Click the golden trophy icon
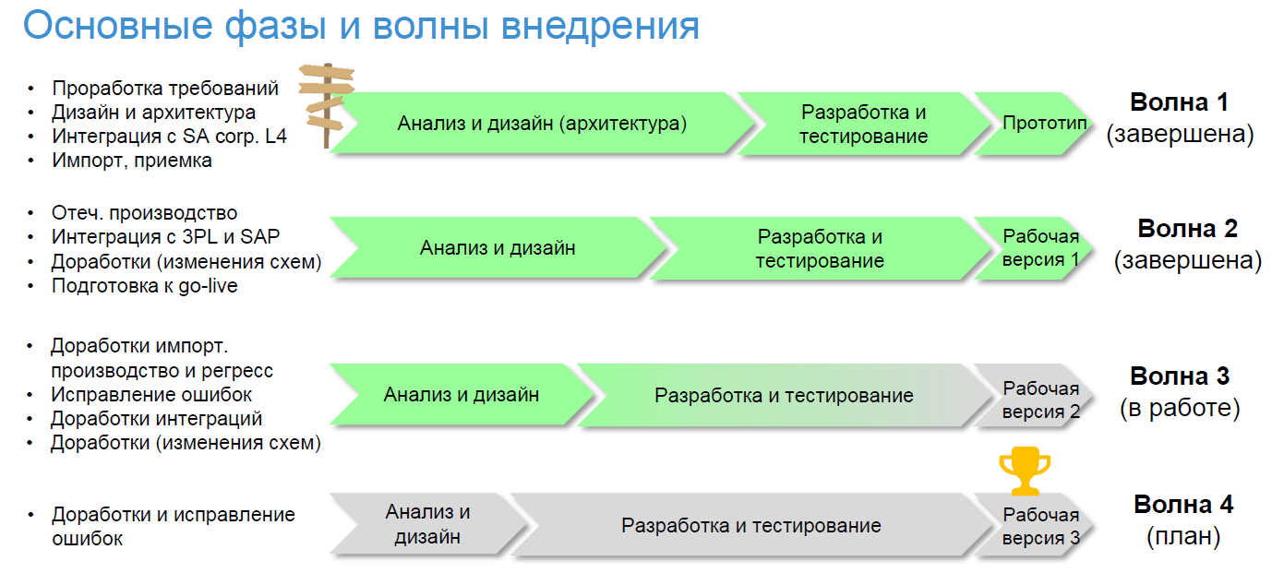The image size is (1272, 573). coord(1025,471)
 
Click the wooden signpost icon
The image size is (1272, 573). coord(327,105)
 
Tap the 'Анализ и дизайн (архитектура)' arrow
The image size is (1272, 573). coord(542,124)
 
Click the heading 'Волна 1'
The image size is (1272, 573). coord(1179,102)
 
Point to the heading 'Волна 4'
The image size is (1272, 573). coord(1183,505)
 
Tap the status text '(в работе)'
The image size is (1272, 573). coord(1180,409)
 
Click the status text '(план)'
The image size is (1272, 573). coord(1183,537)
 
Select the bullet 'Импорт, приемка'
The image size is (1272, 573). coord(132,161)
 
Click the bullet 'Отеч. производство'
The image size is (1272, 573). coord(144,213)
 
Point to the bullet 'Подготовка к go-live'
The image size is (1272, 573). coord(144,286)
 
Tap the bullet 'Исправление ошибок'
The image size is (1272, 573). coord(151,395)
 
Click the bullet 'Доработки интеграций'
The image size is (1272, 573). coord(156,419)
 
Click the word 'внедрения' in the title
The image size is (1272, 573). coord(600,26)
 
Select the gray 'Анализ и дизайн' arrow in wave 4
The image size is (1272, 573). coord(428,525)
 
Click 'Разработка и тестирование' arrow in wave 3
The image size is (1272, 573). coord(784,395)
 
